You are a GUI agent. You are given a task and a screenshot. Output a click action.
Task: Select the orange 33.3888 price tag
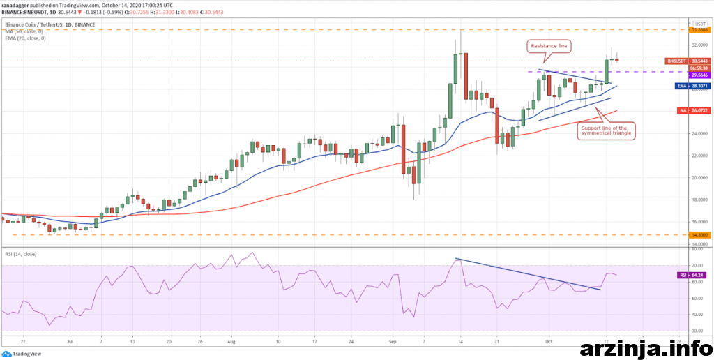699,30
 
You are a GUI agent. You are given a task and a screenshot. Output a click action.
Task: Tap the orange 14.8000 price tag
699,235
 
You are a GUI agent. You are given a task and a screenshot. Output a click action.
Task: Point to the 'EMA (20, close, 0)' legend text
25,38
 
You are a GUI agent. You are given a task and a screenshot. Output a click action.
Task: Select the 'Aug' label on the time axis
231,343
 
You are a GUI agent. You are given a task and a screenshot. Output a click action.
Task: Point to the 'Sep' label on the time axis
393,343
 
